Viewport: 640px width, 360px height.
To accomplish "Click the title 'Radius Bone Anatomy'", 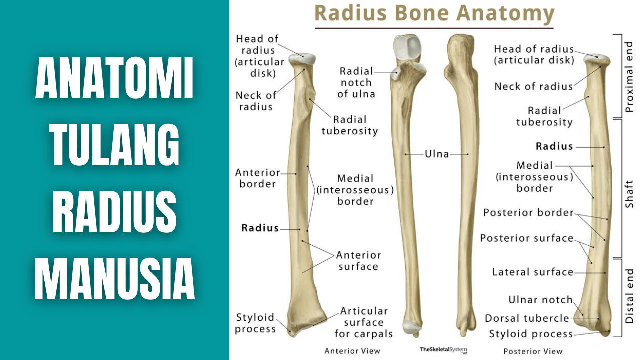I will coord(434,13).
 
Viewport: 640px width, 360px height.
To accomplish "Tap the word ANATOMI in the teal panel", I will coord(114,79).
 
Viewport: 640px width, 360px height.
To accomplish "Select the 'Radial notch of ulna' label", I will coord(357,82).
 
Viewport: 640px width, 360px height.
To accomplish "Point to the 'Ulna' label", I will coord(437,154).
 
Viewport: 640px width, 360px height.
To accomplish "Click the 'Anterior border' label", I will coord(257,178).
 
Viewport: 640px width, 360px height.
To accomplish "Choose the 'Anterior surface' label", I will coord(358,261).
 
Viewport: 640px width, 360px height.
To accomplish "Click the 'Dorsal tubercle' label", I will coord(527,318).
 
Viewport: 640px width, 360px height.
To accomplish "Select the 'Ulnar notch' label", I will coord(540,300).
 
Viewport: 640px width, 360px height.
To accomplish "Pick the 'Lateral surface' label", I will coord(532,272).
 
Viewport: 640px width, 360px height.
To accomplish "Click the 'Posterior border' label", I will coord(528,213).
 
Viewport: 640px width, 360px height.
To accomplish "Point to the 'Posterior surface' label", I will coord(527,238).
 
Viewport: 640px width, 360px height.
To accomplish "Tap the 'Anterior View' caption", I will coord(352,351).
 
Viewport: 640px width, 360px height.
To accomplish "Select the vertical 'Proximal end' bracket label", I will coord(629,76).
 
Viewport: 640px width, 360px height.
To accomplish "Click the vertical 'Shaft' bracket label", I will coord(629,194).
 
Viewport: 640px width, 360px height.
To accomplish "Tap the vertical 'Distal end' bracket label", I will coord(629,296).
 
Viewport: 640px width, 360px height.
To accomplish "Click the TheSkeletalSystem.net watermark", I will coord(443,350).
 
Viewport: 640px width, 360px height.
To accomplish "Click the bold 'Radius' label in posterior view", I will coord(554,146).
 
